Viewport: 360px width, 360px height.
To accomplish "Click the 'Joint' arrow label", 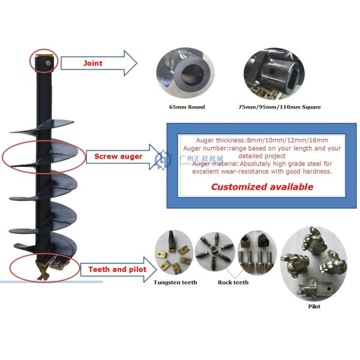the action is coord(93,62).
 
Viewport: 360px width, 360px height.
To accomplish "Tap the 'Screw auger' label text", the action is coord(118,157).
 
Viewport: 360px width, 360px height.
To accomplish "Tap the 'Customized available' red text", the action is coord(262,187).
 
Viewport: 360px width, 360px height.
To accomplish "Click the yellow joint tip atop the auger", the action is coord(44,58).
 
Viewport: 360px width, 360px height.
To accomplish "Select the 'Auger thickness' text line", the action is coord(262,139).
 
